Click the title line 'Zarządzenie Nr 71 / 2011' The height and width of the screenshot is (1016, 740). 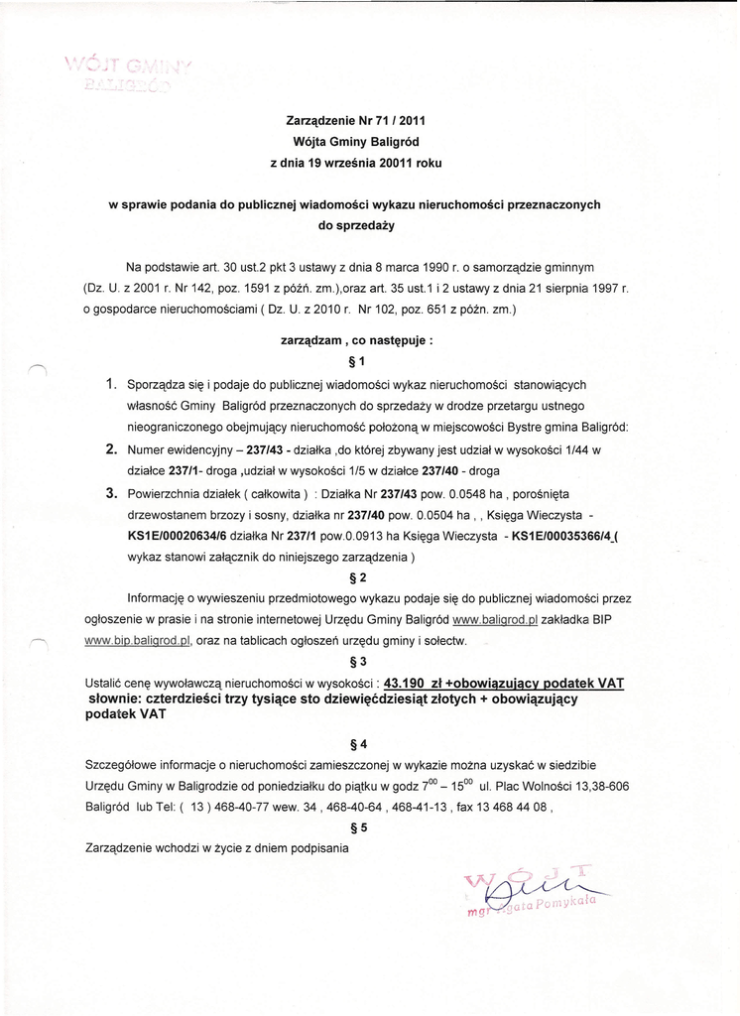tap(356, 121)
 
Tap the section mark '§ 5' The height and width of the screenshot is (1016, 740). tap(358, 826)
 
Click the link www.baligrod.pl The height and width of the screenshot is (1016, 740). tap(494, 620)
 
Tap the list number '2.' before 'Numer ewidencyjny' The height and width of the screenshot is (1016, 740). tap(112, 448)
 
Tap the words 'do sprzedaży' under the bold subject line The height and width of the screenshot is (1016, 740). tap(356, 225)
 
